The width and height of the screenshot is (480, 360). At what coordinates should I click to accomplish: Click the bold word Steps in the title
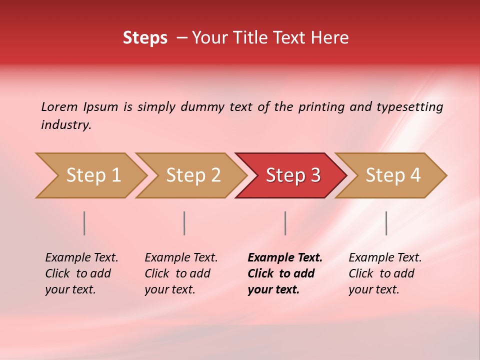[x=145, y=38]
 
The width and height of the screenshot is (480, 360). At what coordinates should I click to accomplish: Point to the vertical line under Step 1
[x=84, y=223]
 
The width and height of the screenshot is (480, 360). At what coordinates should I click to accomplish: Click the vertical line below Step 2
[x=184, y=223]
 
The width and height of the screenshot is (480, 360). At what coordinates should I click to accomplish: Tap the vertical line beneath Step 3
[x=285, y=223]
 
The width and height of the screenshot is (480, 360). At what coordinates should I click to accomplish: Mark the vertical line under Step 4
[x=386, y=223]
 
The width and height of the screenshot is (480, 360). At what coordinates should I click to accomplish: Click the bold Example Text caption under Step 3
[x=285, y=257]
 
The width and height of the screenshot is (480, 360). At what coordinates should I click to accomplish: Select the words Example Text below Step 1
[x=81, y=257]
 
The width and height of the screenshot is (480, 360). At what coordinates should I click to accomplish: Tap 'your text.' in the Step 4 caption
[x=373, y=289]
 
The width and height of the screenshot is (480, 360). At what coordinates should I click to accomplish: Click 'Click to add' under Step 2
[x=177, y=273]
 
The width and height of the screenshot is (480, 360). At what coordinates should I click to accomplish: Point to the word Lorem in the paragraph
[x=59, y=106]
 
